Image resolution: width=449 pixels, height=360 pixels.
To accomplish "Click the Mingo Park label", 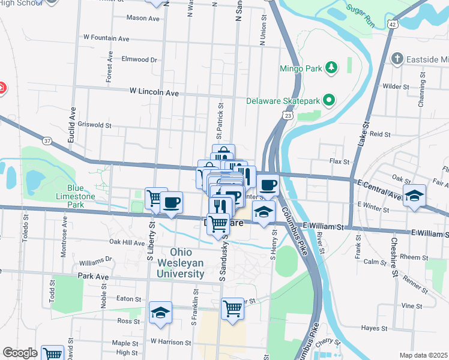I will (x=301, y=68).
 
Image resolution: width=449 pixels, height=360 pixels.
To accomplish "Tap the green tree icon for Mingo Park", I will (x=329, y=67).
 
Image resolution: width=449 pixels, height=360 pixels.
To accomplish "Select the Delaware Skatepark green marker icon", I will (x=328, y=101).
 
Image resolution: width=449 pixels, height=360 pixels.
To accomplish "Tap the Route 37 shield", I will (x=47, y=140).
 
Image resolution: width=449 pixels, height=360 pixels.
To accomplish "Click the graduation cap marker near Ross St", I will (x=160, y=312).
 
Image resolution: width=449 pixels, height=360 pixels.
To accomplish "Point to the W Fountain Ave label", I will (x=107, y=38).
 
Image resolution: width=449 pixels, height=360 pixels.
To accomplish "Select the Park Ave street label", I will (x=93, y=277).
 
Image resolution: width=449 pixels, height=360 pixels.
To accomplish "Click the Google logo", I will (x=20, y=353).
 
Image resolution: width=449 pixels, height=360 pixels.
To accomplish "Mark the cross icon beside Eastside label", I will (x=396, y=59).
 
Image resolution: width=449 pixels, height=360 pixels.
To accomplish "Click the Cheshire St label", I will (x=394, y=259).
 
